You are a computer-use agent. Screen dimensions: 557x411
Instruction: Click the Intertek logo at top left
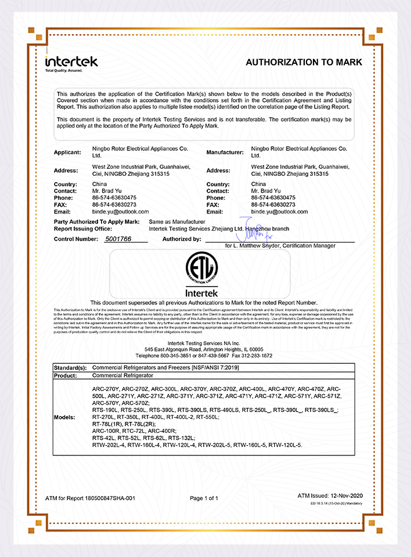(x=71, y=62)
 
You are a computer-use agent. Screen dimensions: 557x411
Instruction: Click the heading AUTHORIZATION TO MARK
(x=304, y=62)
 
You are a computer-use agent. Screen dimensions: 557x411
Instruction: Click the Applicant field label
(x=67, y=153)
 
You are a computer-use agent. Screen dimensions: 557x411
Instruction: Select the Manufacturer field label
(x=224, y=153)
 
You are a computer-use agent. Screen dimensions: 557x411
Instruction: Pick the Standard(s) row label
(x=70, y=368)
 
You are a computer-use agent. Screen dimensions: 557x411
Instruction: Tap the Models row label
(x=64, y=418)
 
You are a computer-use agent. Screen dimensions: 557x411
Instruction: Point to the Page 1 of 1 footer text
(x=204, y=498)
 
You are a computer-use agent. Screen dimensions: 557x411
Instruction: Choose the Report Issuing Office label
(x=87, y=229)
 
